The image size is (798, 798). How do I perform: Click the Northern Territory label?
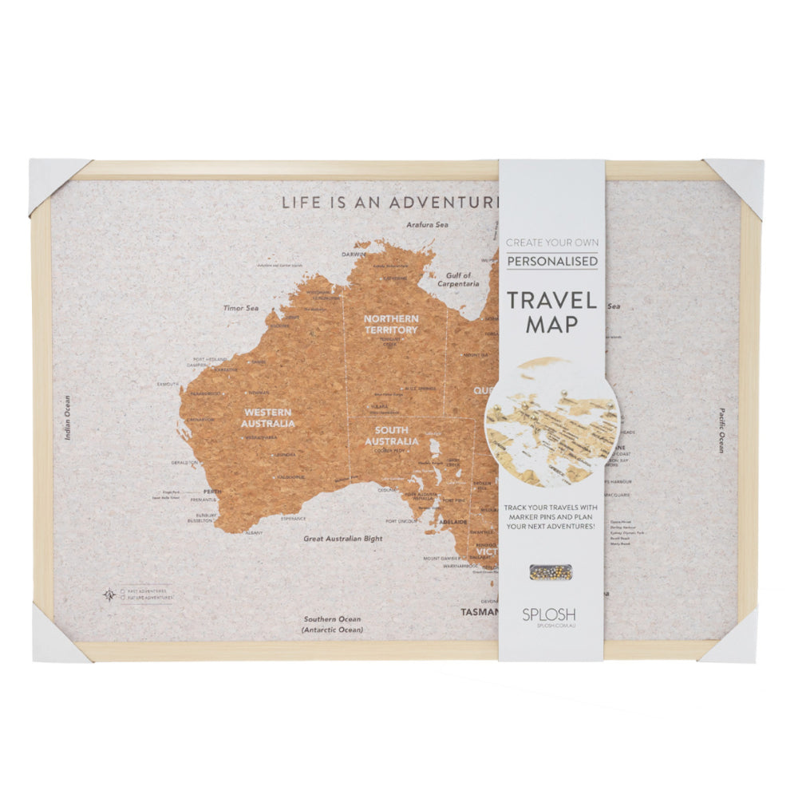point(391,324)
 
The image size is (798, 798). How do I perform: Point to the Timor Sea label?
point(241,307)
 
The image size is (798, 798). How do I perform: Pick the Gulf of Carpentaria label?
point(459,279)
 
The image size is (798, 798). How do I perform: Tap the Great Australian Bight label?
point(342,539)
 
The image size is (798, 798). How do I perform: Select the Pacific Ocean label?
point(720,430)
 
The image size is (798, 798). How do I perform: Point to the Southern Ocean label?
point(331,619)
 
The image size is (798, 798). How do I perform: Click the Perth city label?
point(212,492)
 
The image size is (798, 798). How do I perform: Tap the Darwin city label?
point(353,255)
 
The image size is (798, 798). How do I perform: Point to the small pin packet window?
point(550,571)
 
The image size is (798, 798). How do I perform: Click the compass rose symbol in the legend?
point(109,594)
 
